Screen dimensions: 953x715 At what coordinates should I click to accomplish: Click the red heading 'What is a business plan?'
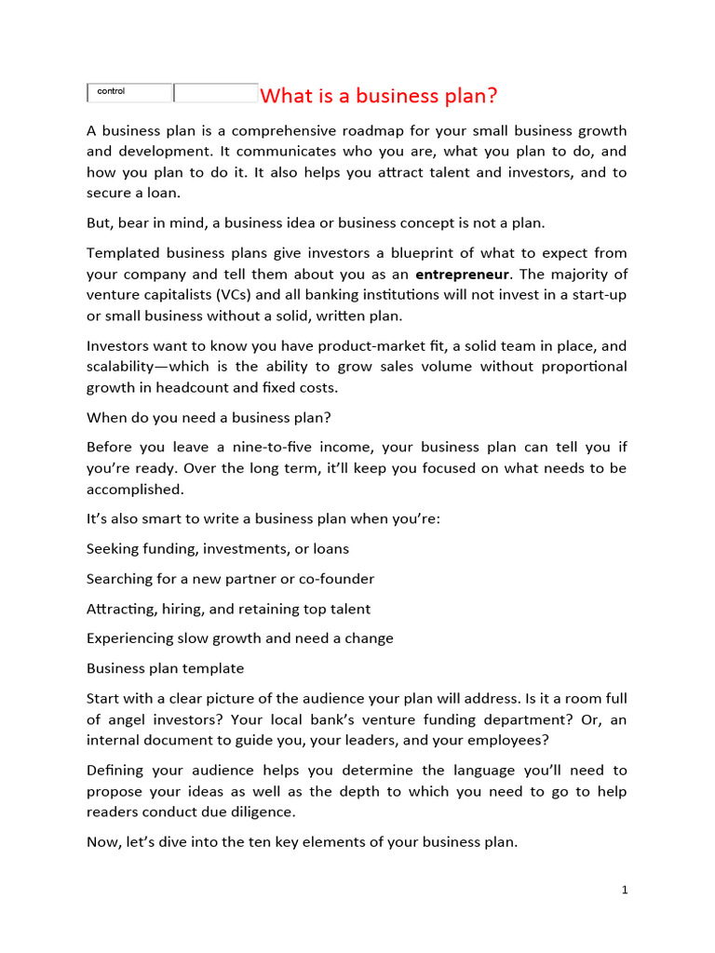pyautogui.click(x=379, y=96)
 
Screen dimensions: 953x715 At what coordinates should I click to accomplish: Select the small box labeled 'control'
pyautogui.click(x=129, y=92)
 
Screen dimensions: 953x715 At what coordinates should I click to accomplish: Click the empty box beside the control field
pyautogui.click(x=216, y=93)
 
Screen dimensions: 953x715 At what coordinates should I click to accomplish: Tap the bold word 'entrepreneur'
pyautogui.click(x=462, y=275)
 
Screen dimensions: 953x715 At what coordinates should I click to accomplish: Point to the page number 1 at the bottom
pyautogui.click(x=625, y=891)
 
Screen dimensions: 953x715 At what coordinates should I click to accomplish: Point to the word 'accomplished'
pyautogui.click(x=132, y=489)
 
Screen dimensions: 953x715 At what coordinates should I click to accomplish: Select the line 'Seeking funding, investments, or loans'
pyautogui.click(x=218, y=549)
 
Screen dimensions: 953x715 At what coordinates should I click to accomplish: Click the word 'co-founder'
pyautogui.click(x=336, y=579)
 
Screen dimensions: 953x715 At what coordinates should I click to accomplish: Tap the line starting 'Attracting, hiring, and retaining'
pyautogui.click(x=228, y=609)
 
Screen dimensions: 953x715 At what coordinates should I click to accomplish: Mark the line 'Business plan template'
pyautogui.click(x=165, y=668)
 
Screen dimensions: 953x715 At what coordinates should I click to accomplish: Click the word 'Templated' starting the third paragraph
pyautogui.click(x=123, y=253)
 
